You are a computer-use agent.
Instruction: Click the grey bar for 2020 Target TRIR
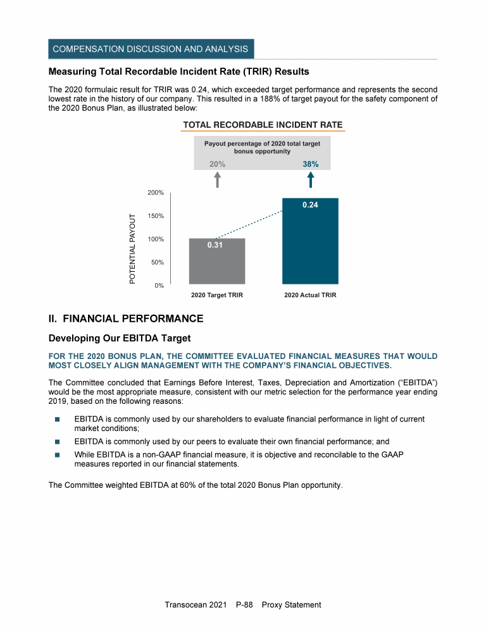click(x=217, y=265)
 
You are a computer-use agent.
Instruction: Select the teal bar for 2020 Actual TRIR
click(x=310, y=246)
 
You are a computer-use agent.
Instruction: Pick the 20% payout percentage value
click(x=217, y=164)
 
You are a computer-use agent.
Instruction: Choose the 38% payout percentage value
click(x=310, y=164)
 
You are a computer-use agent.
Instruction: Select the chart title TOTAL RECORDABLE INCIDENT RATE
click(x=263, y=125)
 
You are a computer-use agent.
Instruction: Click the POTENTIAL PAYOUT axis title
click(x=133, y=248)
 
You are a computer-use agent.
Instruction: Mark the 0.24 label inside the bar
click(x=310, y=205)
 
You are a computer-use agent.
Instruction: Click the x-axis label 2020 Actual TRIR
click(x=310, y=295)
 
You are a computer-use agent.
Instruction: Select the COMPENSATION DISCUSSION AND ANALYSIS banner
click(x=151, y=49)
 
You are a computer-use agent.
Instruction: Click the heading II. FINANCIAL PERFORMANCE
click(x=126, y=318)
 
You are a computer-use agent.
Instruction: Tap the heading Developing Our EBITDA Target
click(x=120, y=339)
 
